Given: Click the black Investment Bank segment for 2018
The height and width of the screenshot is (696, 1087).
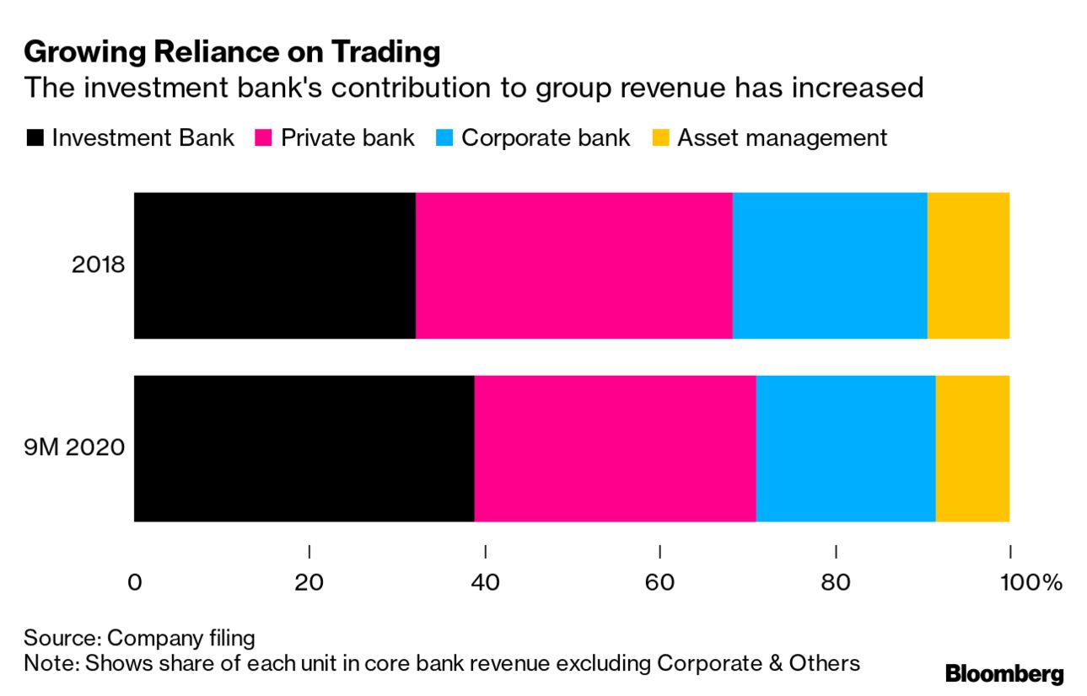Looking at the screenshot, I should pos(274,265).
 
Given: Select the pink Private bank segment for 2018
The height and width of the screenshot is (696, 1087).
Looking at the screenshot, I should pos(573,265).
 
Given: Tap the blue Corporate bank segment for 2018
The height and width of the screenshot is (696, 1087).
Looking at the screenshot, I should pos(830,265).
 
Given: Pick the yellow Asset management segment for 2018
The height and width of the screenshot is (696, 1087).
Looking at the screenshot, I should pos(968,265).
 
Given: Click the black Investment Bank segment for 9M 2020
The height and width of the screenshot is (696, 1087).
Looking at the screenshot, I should pos(304,448).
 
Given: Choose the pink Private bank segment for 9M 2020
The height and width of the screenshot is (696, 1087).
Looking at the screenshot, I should pos(615,448).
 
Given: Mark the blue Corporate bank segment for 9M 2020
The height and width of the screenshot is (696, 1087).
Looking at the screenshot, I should pos(846,448).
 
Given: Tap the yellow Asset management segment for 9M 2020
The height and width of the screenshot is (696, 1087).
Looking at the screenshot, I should pos(972,448).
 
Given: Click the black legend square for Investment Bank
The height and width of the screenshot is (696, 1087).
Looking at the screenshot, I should pos(35,138).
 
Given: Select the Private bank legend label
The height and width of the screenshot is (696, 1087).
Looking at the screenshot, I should pos(347,138).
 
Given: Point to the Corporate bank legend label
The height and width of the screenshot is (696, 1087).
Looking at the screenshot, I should pos(545,138).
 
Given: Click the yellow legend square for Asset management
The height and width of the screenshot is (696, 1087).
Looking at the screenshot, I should pos(661,138).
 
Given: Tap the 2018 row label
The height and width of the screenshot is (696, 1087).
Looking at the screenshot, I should pos(98,265).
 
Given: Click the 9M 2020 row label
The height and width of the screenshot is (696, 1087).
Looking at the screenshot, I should pos(74,448).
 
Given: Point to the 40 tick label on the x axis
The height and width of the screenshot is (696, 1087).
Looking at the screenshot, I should pos(485,583).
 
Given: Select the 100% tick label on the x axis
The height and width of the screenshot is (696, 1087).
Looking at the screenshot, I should pos(1029,583).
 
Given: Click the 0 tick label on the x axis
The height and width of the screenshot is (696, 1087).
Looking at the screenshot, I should pos(135,583).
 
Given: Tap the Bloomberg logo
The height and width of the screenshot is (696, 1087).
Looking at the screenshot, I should pos(1004,674).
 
